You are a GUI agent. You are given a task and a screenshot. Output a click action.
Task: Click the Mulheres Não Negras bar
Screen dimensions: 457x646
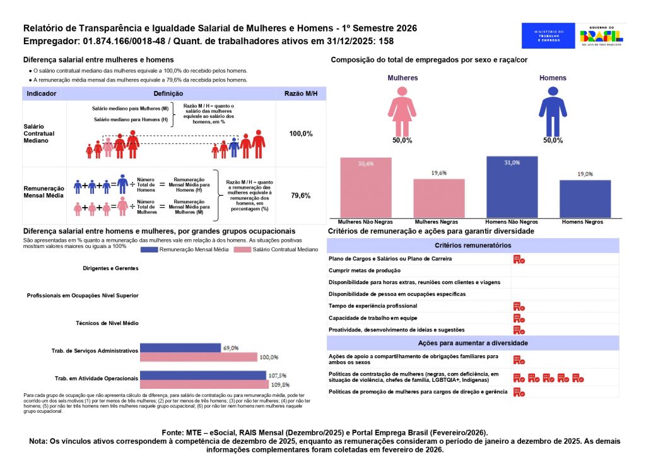point(366,187)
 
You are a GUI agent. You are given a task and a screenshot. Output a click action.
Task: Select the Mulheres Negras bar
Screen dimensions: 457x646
point(439,198)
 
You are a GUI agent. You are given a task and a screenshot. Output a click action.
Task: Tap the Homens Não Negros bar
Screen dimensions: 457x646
point(512,187)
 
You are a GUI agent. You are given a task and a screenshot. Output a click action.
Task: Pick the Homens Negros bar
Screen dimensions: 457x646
point(585,199)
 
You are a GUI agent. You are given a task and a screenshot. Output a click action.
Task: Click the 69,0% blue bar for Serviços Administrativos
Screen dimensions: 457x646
point(180,348)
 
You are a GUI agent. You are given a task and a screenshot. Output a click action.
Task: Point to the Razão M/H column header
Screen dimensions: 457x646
point(300,93)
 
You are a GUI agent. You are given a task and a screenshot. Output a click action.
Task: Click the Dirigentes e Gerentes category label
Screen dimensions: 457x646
point(110,268)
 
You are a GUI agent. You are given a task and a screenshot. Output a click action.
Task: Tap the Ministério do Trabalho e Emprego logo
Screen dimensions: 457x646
point(548,35)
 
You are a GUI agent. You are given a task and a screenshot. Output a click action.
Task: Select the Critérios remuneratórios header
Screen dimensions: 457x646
point(473,245)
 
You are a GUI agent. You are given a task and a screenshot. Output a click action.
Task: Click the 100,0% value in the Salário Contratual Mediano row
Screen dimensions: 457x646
point(300,134)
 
